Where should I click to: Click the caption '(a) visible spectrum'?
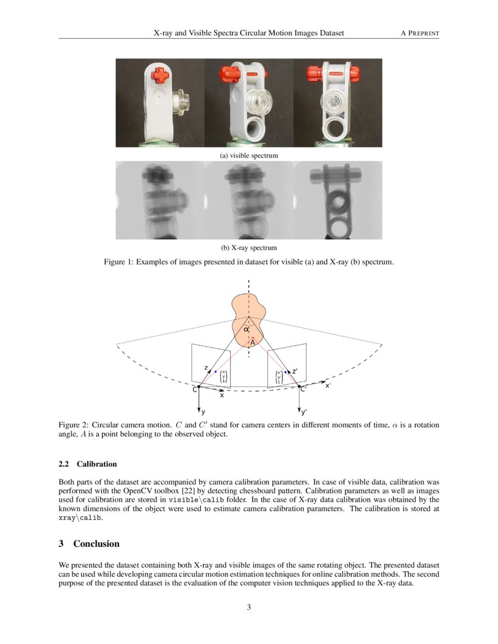248,156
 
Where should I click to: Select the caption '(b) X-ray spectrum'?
248,248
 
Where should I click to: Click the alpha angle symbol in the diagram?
247,330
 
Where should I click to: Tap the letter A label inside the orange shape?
253,343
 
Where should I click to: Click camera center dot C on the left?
199,386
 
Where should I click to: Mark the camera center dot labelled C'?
299,386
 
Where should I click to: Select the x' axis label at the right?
328,385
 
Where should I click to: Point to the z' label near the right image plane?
295,371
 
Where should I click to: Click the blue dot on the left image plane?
215,372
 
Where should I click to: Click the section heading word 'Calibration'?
97,464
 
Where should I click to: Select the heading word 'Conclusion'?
96,544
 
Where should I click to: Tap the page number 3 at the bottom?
249,607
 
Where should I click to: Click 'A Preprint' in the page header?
419,33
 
